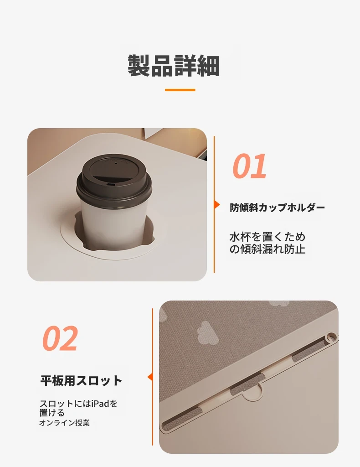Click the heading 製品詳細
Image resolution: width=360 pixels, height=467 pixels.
pos(174,66)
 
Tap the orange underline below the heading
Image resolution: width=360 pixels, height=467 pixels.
pos(180,90)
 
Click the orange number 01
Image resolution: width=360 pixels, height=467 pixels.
pos(249,166)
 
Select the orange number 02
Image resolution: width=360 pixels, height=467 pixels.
pos(60,338)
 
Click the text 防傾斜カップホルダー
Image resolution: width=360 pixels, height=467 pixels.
pos(277,208)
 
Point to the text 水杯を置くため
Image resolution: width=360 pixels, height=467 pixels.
pos(267,237)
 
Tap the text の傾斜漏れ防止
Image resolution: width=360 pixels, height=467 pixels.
pos(267,249)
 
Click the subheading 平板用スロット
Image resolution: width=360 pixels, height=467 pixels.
pos(81,380)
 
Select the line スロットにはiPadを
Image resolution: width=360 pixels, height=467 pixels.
pos(78,404)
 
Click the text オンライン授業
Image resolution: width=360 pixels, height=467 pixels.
pos(64,423)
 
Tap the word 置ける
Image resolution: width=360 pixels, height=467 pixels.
pos(52,413)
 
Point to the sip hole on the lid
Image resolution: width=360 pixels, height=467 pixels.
pos(111,185)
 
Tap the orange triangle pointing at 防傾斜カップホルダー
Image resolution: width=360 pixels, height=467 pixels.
pos(217,205)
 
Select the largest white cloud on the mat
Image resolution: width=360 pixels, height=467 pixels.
pos(207,332)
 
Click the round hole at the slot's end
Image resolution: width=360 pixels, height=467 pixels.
pos(330,337)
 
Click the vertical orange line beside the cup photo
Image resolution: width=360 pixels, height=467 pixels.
pos(214,205)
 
